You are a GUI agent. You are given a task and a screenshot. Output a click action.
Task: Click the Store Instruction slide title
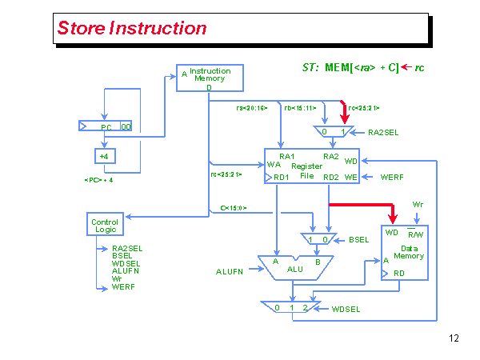[x=132, y=28]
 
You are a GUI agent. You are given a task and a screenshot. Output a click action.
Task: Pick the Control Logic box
[x=105, y=225]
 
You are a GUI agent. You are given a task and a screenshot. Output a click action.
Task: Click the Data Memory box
[x=405, y=252]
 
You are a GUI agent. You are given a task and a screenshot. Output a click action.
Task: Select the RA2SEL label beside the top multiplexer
[x=384, y=132]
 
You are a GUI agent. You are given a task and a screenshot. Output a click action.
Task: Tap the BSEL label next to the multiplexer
[x=359, y=239]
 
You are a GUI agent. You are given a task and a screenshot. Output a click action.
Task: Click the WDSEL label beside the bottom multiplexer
[x=347, y=308]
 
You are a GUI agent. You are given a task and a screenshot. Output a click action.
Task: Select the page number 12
[x=454, y=338]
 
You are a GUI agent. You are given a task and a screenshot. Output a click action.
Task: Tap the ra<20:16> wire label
[x=251, y=107]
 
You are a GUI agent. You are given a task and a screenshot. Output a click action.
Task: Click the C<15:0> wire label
[x=233, y=208]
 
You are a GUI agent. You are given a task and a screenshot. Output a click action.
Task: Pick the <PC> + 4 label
[x=98, y=180]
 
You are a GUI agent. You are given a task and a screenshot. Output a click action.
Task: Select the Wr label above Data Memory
[x=418, y=204]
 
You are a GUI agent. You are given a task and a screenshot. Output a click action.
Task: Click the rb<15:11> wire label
[x=301, y=107]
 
